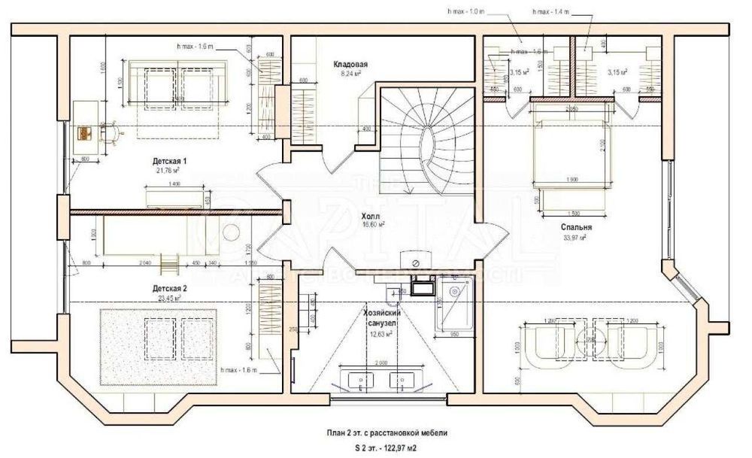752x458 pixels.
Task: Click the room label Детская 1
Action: pyautogui.click(x=170, y=162)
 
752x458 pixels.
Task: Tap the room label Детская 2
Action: pyautogui.click(x=170, y=288)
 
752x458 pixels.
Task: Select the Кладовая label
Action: pyautogui.click(x=350, y=65)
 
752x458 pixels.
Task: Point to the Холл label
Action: pyautogui.click(x=371, y=215)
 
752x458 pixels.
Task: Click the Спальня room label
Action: pyautogui.click(x=575, y=226)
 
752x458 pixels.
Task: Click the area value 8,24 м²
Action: pyautogui.click(x=350, y=74)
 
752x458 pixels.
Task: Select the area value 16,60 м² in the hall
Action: pyautogui.click(x=371, y=224)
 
